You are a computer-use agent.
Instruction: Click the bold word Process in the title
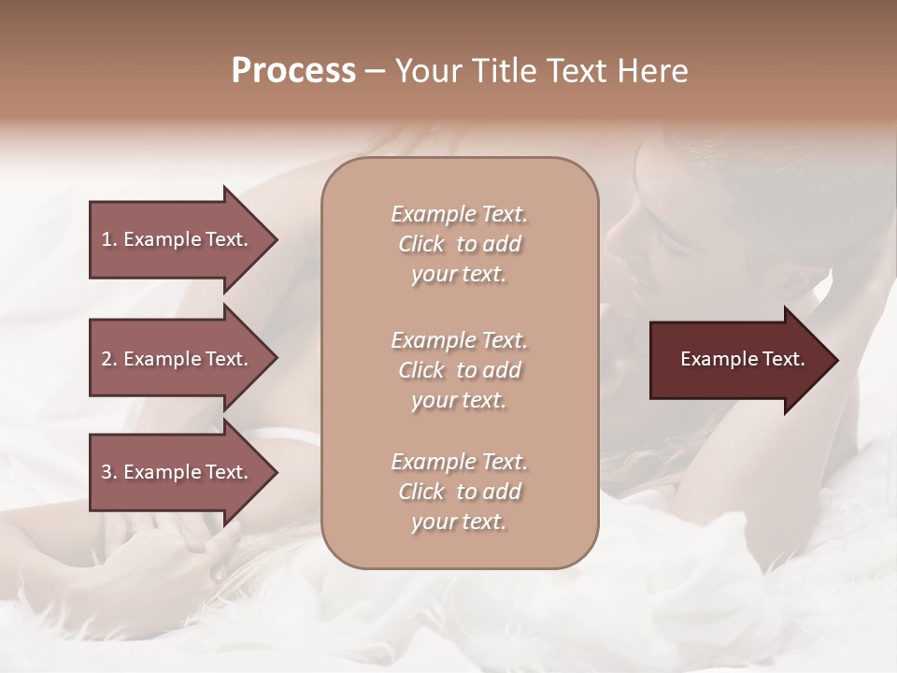pyautogui.click(x=293, y=71)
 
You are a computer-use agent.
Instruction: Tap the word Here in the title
pyautogui.click(x=653, y=71)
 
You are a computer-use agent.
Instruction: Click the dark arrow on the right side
pyautogui.click(x=738, y=360)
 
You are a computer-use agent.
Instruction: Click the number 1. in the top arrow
pyautogui.click(x=108, y=239)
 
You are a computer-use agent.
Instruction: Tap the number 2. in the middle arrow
pyautogui.click(x=108, y=359)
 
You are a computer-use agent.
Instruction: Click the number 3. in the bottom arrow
pyautogui.click(x=108, y=472)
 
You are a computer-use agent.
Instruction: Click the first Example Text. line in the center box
pyautogui.click(x=459, y=214)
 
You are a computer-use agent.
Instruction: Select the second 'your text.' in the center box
pyautogui.click(x=459, y=400)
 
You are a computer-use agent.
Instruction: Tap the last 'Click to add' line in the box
pyautogui.click(x=459, y=492)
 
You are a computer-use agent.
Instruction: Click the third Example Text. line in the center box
pyautogui.click(x=459, y=462)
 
